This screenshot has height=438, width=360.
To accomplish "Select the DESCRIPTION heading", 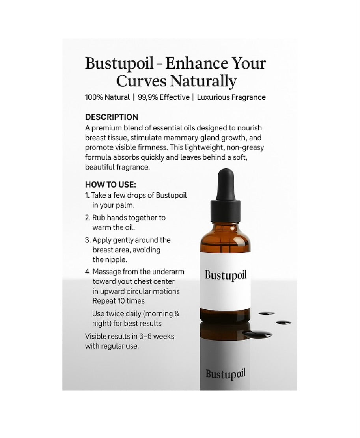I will (112, 117).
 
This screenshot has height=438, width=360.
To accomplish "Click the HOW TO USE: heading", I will (110, 185).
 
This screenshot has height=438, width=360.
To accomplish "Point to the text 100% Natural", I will (107, 97).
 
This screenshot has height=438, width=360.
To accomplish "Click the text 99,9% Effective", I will (164, 97).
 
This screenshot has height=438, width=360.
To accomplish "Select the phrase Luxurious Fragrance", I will (231, 97).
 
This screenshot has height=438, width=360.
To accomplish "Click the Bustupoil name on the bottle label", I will (226, 275).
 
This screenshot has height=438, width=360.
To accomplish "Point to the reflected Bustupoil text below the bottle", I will (226, 373).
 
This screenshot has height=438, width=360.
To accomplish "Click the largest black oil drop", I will (257, 334).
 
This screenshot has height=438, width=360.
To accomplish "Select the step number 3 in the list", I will (88, 240).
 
